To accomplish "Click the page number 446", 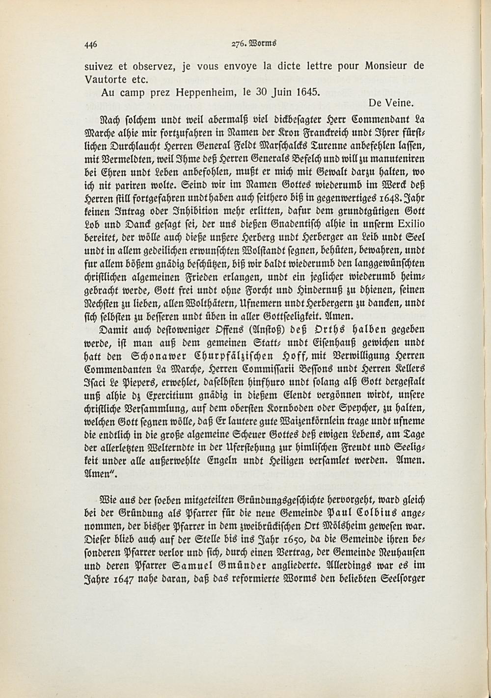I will click(x=91, y=44).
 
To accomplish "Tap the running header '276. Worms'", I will click(x=254, y=43).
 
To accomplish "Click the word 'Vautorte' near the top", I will click(x=105, y=79).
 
